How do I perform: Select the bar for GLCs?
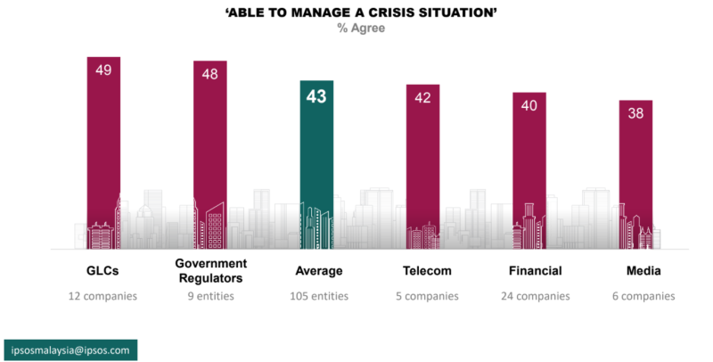coord(103,152)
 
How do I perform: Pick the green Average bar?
coord(316,165)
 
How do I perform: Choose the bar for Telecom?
coord(422,166)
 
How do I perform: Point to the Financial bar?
coord(529,169)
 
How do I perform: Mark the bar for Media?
coord(635,174)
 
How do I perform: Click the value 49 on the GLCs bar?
coord(103,70)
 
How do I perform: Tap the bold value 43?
coord(316,97)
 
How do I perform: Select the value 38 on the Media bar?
coord(635,113)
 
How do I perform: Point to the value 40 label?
coord(529,105)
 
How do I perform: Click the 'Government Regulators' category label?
coord(210,270)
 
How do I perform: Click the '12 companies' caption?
coord(103,296)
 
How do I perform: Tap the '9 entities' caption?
coord(210,296)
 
